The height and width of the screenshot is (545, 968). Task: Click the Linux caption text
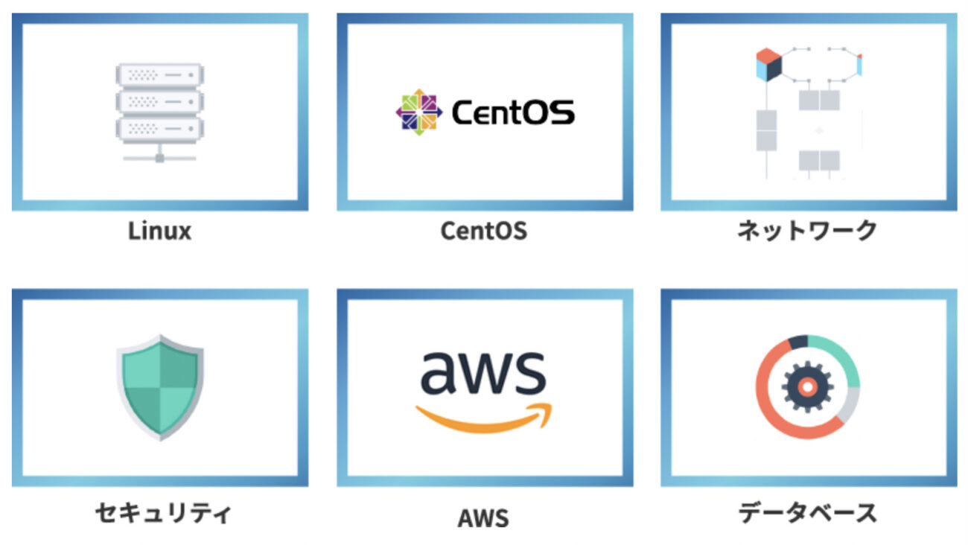(x=159, y=231)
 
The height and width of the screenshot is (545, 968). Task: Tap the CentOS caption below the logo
(x=483, y=231)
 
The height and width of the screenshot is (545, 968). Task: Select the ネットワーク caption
(x=807, y=231)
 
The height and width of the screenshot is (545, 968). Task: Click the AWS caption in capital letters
(x=483, y=517)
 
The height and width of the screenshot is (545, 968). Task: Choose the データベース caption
(x=807, y=513)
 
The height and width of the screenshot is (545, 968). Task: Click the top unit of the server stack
(x=159, y=75)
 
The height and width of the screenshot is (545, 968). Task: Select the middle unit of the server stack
(x=159, y=101)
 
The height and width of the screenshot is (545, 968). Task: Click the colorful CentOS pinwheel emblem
(x=418, y=112)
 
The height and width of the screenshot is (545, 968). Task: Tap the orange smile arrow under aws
(x=484, y=418)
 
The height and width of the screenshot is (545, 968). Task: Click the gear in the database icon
(x=806, y=386)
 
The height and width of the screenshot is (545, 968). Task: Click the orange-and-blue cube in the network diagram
(x=768, y=65)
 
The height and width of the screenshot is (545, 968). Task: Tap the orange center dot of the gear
(x=806, y=386)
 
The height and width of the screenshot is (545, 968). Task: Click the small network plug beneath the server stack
(x=159, y=156)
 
